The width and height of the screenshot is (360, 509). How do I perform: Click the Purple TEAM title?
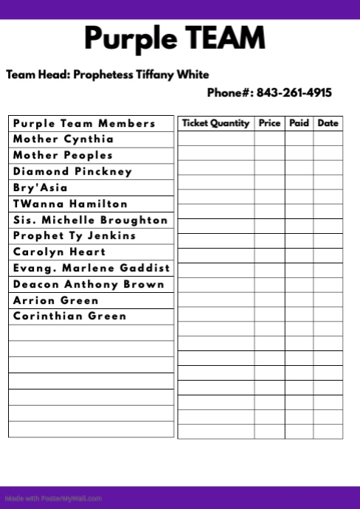pos(174,38)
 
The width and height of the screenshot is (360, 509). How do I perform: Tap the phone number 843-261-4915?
pos(294,93)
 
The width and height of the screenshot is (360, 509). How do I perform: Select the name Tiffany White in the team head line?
pos(172,75)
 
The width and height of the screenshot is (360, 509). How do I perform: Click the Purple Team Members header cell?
pos(84,123)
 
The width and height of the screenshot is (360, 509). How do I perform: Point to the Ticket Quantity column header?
pos(215,123)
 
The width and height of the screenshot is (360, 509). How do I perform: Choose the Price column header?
pos(269,123)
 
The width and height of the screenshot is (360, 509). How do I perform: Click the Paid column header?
pos(299,123)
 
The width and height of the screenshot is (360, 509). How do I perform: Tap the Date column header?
pos(328,123)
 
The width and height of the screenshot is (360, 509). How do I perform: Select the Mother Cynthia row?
pos(63,139)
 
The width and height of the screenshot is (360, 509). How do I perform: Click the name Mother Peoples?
pos(63,156)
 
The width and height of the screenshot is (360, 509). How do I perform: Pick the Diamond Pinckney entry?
pos(72,172)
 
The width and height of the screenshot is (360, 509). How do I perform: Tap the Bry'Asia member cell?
pos(41,188)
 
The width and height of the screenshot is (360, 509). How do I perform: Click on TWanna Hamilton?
pos(70,204)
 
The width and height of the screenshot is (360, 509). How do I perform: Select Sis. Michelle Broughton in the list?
pos(91,220)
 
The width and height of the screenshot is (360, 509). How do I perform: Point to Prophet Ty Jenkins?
pos(75,236)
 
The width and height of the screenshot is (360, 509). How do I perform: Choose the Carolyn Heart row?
pos(60,252)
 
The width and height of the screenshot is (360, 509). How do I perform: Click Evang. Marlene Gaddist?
pos(91,269)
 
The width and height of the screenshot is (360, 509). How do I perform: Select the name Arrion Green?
pos(56,301)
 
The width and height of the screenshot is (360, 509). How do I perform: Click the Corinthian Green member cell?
pos(70,316)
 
